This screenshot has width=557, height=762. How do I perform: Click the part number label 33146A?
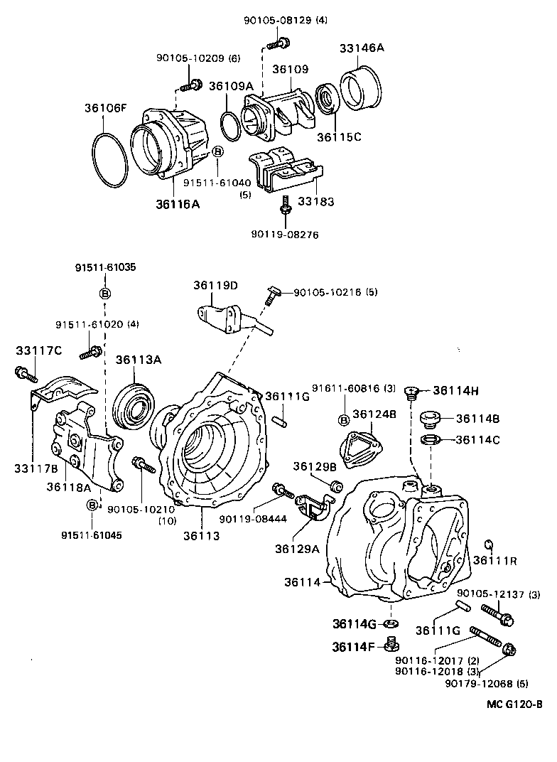pos(362,48)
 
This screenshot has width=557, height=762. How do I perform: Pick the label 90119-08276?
pos(285,235)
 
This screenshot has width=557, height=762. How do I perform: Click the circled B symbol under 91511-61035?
pos(105,293)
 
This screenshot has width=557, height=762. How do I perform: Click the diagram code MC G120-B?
pos(514,704)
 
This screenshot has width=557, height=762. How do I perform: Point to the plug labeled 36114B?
pos(431,419)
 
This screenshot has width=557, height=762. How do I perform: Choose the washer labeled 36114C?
pos(431,440)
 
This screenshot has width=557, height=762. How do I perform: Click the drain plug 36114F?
pos(392,645)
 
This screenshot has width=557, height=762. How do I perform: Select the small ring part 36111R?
pos(490,543)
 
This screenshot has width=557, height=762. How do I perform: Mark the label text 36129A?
pos(297,549)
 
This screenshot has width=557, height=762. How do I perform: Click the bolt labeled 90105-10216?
pos(270,296)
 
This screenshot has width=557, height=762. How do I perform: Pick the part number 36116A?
pos(178,203)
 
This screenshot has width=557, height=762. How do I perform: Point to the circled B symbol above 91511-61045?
pos(92,505)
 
